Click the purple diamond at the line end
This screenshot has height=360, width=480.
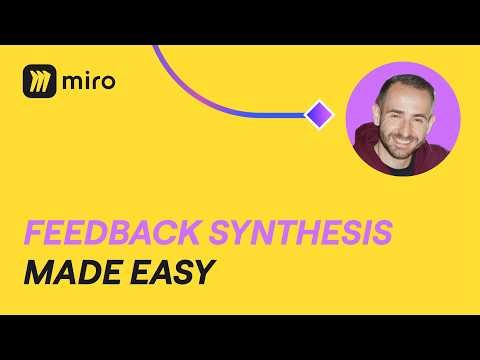point(318,114)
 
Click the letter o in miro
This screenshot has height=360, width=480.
point(107,82)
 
